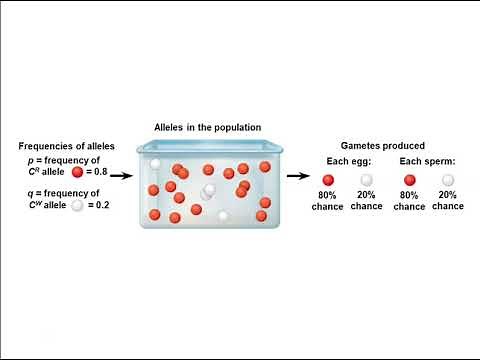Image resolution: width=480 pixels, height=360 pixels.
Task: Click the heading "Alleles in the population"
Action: tap(207, 127)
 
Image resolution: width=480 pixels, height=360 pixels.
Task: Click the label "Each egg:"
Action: tap(348, 161)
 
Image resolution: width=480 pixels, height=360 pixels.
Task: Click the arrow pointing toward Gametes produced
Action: tap(298, 176)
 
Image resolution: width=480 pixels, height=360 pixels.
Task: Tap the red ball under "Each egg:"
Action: tap(328, 179)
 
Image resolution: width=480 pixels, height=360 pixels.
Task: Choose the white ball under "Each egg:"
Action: tap(367, 179)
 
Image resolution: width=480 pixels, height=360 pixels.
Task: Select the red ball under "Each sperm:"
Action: tap(409, 179)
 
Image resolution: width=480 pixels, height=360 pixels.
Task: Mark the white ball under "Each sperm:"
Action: tap(448, 179)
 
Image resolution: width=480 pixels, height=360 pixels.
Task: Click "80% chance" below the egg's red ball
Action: tap(328, 200)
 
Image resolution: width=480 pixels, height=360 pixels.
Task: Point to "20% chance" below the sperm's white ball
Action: tap(448, 200)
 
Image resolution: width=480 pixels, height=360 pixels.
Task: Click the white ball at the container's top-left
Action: tap(156, 164)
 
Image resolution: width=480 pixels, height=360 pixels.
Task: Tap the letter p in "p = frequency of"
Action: tap(32, 160)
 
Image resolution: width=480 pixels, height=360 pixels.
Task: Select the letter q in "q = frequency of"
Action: tap(32, 192)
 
